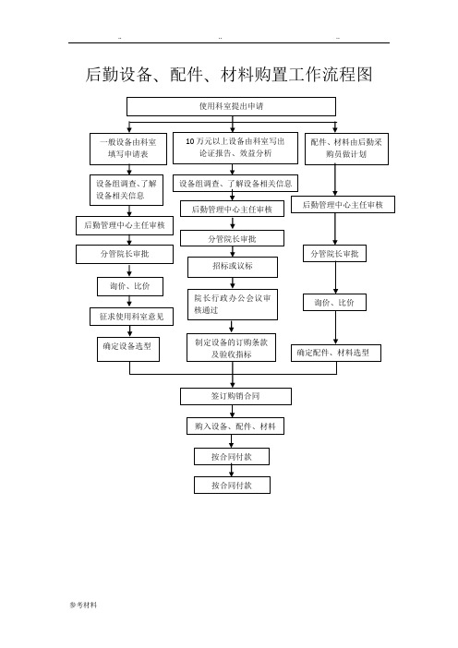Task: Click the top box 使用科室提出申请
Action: click(x=231, y=107)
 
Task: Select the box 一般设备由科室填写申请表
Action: click(x=128, y=149)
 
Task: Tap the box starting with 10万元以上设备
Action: click(x=235, y=148)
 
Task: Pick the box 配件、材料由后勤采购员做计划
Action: click(x=346, y=149)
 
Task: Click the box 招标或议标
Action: click(x=233, y=267)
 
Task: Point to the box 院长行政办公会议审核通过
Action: click(x=233, y=305)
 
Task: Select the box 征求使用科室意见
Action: click(x=131, y=317)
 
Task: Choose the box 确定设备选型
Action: click(x=128, y=349)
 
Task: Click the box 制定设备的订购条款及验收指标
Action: click(x=231, y=348)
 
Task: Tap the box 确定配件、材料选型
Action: click(x=336, y=353)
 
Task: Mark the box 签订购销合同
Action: click(x=235, y=396)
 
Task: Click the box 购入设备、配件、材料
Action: click(x=235, y=426)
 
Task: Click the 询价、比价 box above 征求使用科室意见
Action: click(x=130, y=286)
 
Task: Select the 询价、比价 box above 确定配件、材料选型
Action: click(x=334, y=303)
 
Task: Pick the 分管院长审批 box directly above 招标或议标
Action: click(x=233, y=238)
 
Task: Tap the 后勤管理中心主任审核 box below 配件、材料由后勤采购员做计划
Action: click(x=343, y=205)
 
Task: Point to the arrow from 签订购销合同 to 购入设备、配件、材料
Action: click(x=233, y=411)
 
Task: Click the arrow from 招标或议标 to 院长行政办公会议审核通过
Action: click(x=233, y=283)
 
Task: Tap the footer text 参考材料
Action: click(x=83, y=605)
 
